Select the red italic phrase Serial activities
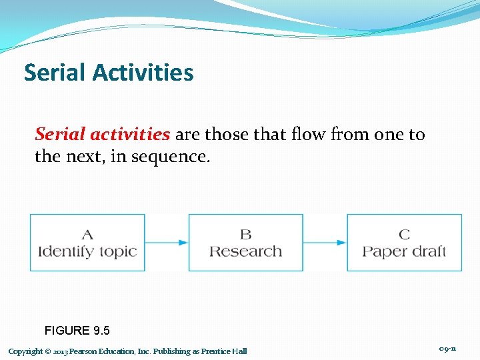tap(102, 134)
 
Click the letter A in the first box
tap(87, 234)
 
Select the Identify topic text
tap(87, 251)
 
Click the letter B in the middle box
tap(245, 234)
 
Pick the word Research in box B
tap(245, 251)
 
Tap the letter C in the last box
tap(404, 234)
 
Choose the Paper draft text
tap(404, 251)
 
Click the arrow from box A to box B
tap(167, 243)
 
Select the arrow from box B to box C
tap(325, 243)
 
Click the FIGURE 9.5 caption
tap(77, 330)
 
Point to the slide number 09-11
tap(447, 349)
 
